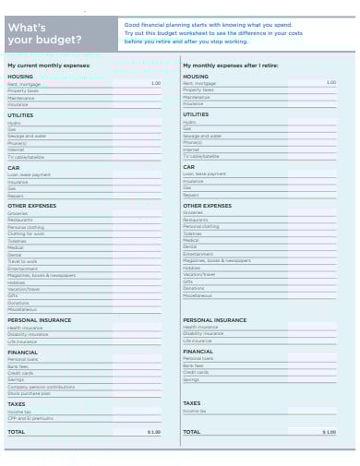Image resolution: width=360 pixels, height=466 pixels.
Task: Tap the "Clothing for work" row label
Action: (25, 233)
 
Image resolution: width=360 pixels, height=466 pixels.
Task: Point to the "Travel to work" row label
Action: (22, 261)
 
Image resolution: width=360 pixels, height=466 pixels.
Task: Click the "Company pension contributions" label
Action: (41, 386)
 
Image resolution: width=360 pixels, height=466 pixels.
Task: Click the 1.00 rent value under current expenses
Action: (155, 83)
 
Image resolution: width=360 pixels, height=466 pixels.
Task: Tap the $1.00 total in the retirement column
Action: (330, 432)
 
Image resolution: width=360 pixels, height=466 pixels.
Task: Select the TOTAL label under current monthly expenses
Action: (17, 432)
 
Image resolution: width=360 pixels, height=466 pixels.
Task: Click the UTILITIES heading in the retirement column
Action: (198, 114)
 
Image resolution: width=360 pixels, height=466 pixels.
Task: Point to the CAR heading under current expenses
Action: (14, 168)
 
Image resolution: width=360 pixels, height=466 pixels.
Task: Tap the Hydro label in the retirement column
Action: (189, 122)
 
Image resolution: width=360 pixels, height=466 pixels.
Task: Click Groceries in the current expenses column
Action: (18, 212)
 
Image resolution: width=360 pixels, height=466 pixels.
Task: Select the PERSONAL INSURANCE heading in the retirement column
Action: (214, 319)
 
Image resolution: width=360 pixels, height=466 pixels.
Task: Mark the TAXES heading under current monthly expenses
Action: (16, 403)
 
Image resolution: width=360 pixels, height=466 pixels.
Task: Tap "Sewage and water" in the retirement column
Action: (202, 135)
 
